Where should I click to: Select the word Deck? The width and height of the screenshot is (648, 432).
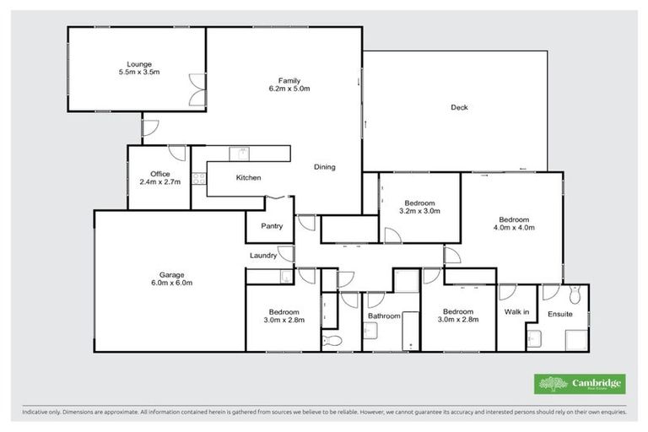[458, 107]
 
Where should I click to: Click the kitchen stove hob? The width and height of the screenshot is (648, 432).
[198, 178]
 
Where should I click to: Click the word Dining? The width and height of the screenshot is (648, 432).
[325, 167]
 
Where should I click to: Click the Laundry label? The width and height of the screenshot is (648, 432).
[263, 256]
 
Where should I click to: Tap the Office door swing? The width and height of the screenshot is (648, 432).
[177, 153]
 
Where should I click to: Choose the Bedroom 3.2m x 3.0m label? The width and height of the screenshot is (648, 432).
[419, 207]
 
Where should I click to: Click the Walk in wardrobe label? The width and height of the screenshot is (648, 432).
[516, 312]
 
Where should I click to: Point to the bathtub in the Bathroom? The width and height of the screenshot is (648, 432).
[410, 331]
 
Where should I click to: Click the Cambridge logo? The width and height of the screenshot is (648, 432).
[580, 383]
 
